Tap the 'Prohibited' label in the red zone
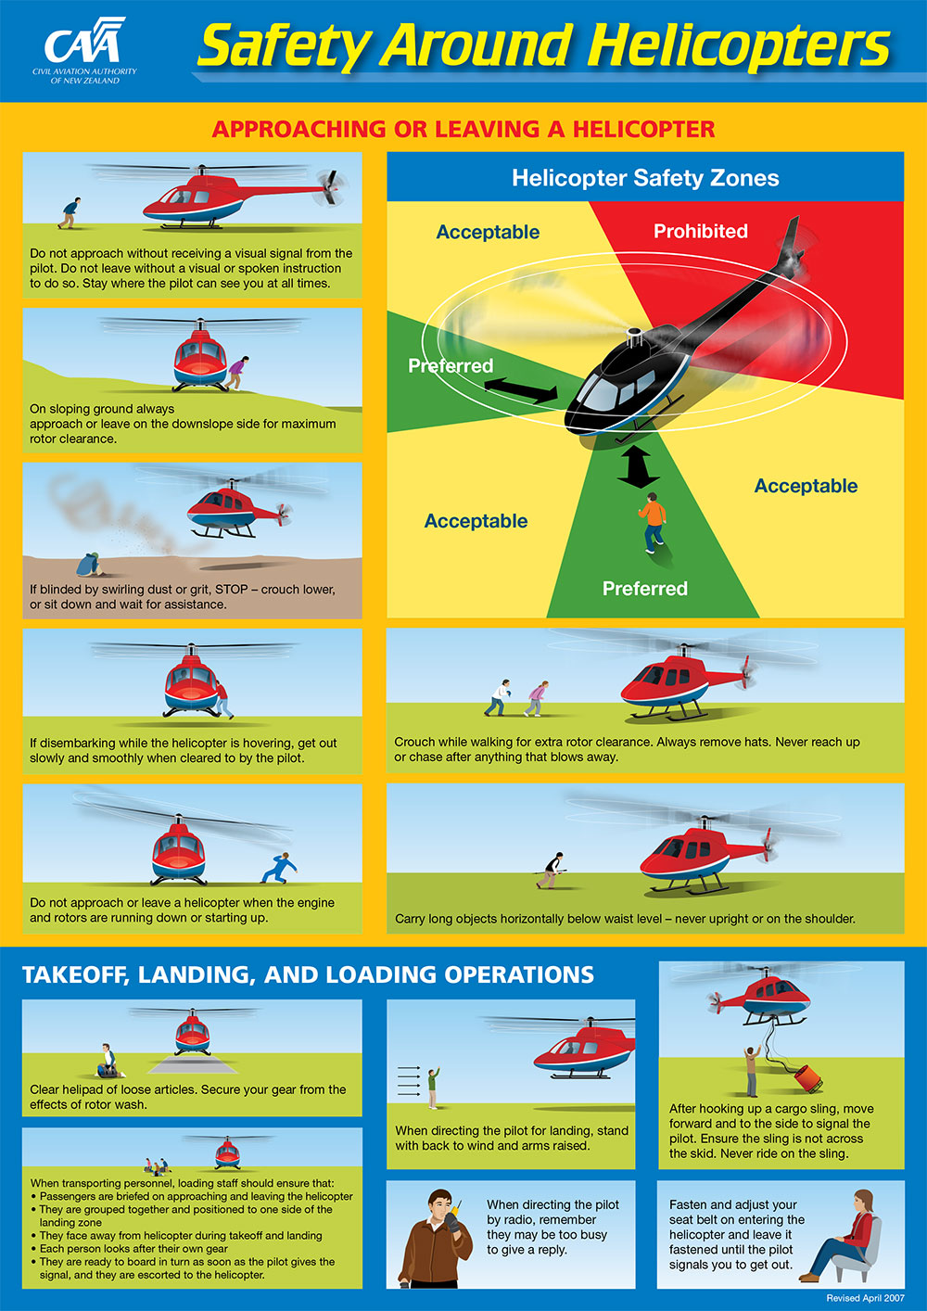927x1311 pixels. [700, 231]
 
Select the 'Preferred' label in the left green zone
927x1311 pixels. [451, 365]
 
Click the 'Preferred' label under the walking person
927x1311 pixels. [644, 588]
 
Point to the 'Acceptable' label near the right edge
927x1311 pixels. [805, 486]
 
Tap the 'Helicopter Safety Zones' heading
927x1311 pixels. [645, 178]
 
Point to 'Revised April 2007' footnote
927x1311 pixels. [865, 1298]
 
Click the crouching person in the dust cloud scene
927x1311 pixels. [89, 566]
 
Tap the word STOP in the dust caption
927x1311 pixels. [232, 589]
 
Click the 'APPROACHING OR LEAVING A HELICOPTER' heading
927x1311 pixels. [463, 129]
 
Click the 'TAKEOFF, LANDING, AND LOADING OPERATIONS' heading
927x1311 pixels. [308, 974]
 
